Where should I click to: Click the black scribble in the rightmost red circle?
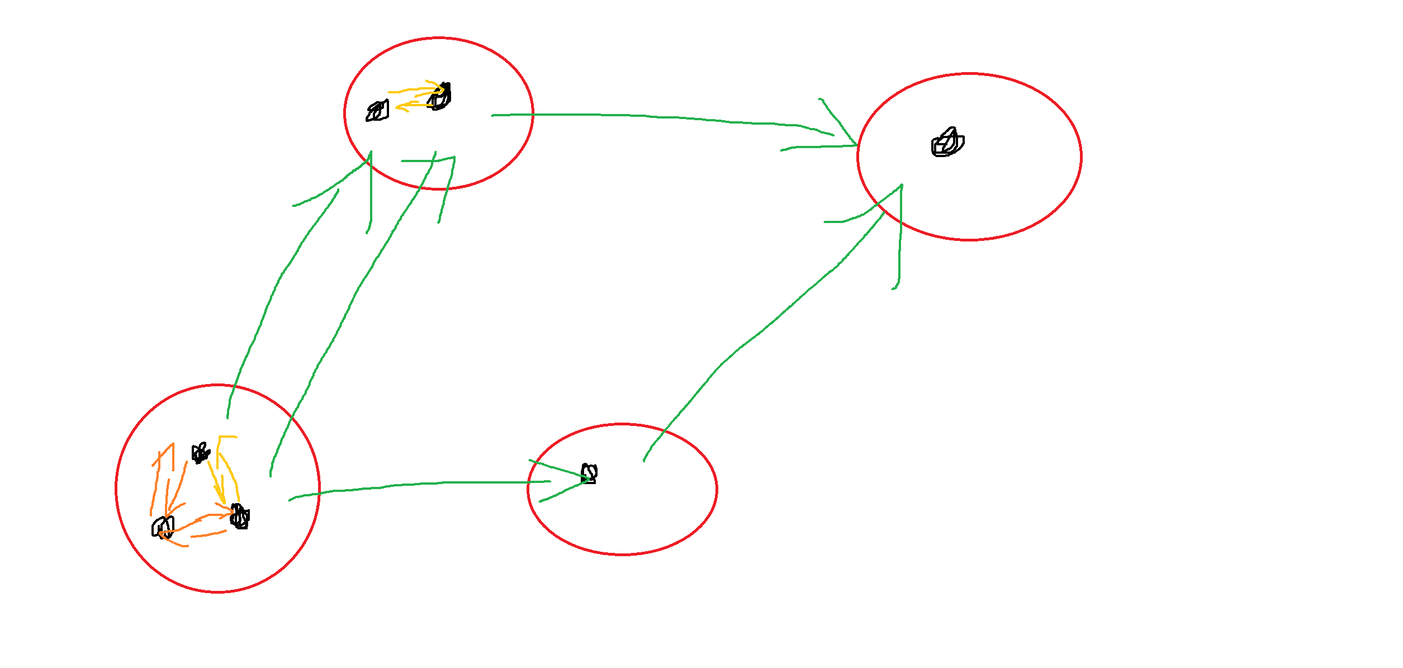tap(947, 143)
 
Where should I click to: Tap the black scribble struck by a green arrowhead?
tap(589, 474)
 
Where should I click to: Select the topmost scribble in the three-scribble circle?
tap(200, 453)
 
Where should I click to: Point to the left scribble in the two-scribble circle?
tap(377, 111)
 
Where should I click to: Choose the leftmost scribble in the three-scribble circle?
tap(163, 527)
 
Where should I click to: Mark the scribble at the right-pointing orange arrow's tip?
tap(240, 517)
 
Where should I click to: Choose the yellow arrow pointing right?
tap(414, 90)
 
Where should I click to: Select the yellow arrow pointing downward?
tap(215, 481)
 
